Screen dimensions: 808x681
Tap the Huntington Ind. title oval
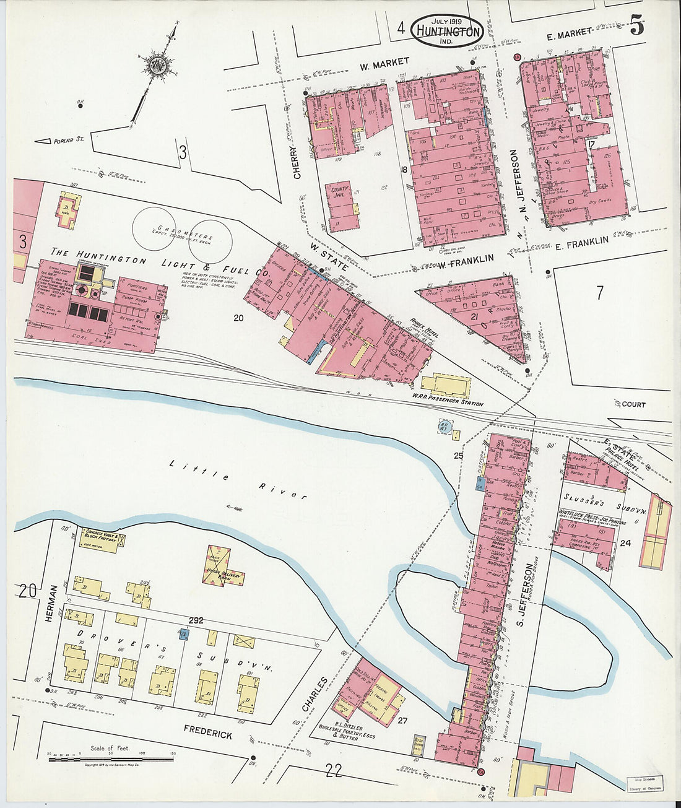tap(448, 30)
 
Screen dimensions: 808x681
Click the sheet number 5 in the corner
tap(636, 27)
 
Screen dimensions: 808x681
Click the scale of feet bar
tap(111, 758)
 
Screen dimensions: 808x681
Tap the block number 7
tap(599, 293)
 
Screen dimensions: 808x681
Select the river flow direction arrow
tap(234, 508)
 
